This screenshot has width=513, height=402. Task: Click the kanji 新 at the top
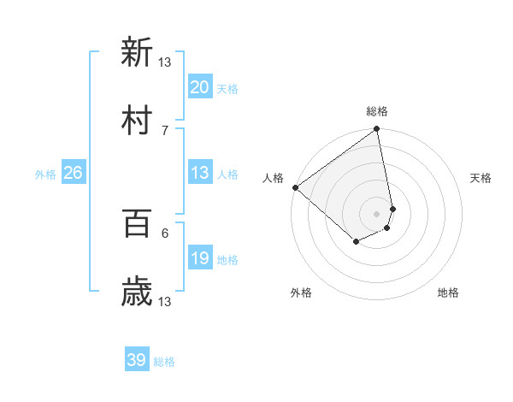click(x=137, y=52)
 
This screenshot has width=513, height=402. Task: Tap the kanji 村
click(x=137, y=121)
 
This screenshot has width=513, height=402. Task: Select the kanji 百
click(x=137, y=223)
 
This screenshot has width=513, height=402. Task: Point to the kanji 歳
click(x=137, y=292)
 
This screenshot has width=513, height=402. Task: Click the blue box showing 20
click(x=199, y=87)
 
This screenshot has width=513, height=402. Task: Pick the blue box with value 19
click(x=199, y=258)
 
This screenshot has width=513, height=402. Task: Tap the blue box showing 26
click(x=73, y=173)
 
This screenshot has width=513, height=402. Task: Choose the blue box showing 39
click(x=136, y=360)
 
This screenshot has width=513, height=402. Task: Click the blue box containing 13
click(x=199, y=173)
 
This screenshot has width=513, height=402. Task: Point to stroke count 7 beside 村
click(x=165, y=130)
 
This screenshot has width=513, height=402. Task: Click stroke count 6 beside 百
click(x=165, y=233)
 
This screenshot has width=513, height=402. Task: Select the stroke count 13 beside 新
click(x=165, y=62)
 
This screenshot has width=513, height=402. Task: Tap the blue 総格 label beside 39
click(x=164, y=362)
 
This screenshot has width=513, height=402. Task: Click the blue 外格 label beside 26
click(x=45, y=174)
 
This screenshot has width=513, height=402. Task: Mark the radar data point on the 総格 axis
click(x=376, y=130)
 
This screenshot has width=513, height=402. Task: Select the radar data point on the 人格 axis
click(x=295, y=187)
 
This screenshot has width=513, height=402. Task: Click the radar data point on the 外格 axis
click(x=356, y=242)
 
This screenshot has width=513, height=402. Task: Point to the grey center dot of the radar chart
click(x=376, y=213)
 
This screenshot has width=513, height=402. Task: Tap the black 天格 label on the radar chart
click(x=481, y=179)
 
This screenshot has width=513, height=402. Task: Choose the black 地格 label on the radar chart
click(x=448, y=293)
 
